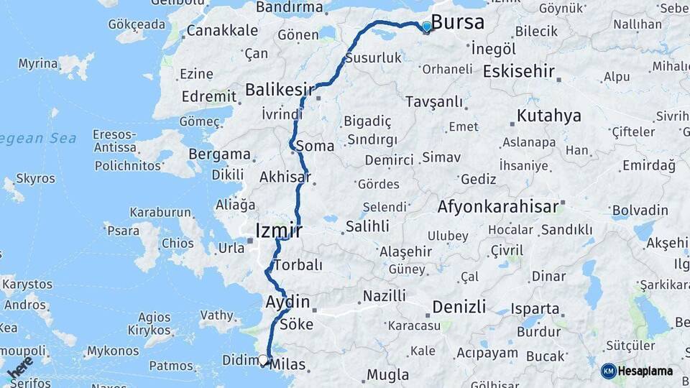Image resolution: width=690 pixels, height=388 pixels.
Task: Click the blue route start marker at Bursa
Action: tap(427, 27)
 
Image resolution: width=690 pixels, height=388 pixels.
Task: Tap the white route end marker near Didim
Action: tap(263, 360)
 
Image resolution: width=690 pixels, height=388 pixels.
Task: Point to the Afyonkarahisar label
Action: tap(497, 208)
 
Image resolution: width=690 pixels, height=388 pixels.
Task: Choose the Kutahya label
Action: tap(549, 116)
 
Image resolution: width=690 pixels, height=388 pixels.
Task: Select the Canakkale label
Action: tap(222, 31)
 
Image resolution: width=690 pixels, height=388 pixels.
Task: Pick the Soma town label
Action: tap(315, 146)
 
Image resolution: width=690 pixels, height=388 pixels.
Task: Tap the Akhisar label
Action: tap(285, 176)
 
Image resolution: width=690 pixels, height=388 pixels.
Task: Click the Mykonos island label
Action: tap(113, 351)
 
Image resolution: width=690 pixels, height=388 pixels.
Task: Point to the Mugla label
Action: tap(387, 374)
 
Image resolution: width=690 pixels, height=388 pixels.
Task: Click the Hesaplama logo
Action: tap(638, 371)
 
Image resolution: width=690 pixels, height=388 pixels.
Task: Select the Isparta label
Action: tap(535, 309)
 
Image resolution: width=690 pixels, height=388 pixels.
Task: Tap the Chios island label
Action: tap(178, 244)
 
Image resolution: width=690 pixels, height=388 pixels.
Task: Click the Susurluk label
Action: tap(373, 58)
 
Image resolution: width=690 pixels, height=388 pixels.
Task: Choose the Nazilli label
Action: tap(384, 295)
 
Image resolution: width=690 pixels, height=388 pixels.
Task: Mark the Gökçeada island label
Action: tap(137, 24)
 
